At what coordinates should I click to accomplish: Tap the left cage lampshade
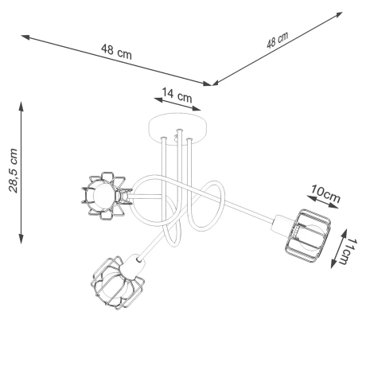click(x=102, y=195)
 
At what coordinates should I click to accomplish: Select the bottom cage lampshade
click(x=116, y=281)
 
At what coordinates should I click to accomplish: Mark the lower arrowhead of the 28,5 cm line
click(x=21, y=239)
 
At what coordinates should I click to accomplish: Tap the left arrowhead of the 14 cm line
click(x=156, y=101)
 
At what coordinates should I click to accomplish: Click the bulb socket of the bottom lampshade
click(x=136, y=260)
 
